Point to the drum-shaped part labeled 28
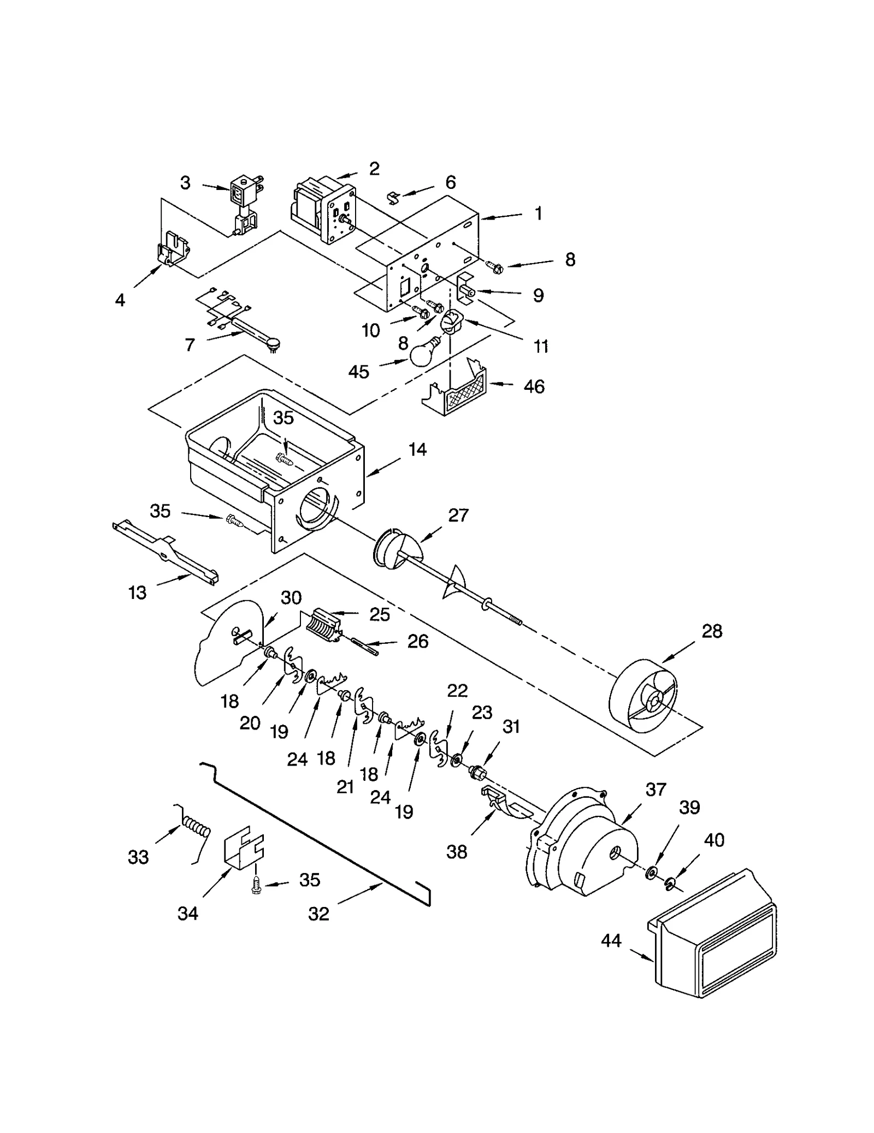pyautogui.click(x=645, y=695)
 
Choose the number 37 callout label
pyautogui.click(x=655, y=789)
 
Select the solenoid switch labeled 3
pyautogui.click(x=245, y=203)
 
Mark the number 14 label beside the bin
pyautogui.click(x=417, y=449)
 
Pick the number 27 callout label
pyautogui.click(x=458, y=515)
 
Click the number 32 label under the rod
pyautogui.click(x=318, y=913)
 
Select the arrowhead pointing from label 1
pyautogui.click(x=484, y=218)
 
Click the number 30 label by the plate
pyautogui.click(x=291, y=597)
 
